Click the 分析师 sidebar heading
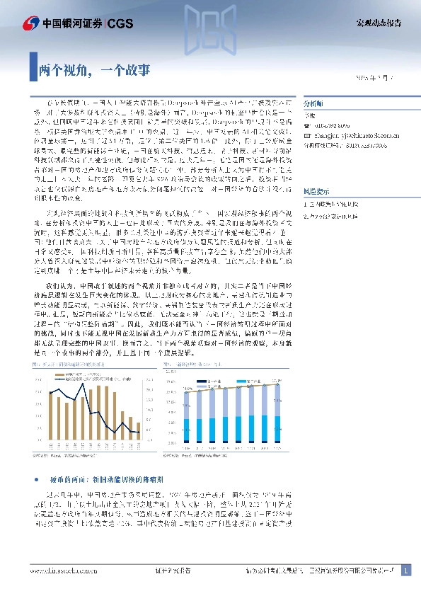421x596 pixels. (x=313, y=101)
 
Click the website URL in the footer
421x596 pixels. (x=63, y=570)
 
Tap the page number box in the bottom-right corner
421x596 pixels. (x=405, y=570)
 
